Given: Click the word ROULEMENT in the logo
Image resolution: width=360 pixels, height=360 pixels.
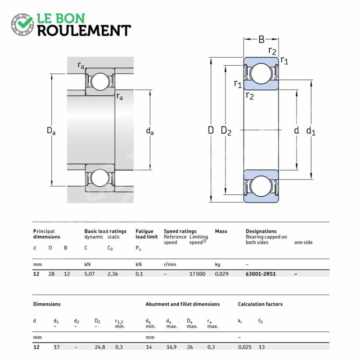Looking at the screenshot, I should tap(84, 30).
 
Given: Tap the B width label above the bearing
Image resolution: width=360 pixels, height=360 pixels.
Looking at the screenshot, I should tap(261, 40).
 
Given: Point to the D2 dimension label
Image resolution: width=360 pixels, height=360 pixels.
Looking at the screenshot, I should tap(226, 131).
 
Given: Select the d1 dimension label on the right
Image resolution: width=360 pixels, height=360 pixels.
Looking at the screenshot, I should tap(310, 131).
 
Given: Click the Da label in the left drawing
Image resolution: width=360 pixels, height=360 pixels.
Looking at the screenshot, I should tap(51, 131).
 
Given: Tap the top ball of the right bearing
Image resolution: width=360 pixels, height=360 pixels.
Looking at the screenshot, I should tap(261, 73).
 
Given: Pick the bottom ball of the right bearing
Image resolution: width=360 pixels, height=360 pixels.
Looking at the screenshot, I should tap(261, 185).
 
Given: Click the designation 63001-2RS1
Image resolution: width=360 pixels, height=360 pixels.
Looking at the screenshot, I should tap(261, 274).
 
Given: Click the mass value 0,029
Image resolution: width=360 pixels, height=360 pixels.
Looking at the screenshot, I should tap(221, 274).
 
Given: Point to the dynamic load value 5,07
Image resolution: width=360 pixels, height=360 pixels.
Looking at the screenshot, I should tap(90, 274).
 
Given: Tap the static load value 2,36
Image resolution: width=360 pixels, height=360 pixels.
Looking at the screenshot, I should tap(113, 274).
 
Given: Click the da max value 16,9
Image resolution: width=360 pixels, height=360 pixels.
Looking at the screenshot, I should tap(171, 347).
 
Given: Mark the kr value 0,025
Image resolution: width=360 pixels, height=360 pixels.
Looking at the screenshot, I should tap(244, 347).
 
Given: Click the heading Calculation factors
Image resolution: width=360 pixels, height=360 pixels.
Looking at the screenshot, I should tap(260, 304).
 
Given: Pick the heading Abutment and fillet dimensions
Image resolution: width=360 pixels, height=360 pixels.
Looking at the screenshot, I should tap(182, 304).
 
